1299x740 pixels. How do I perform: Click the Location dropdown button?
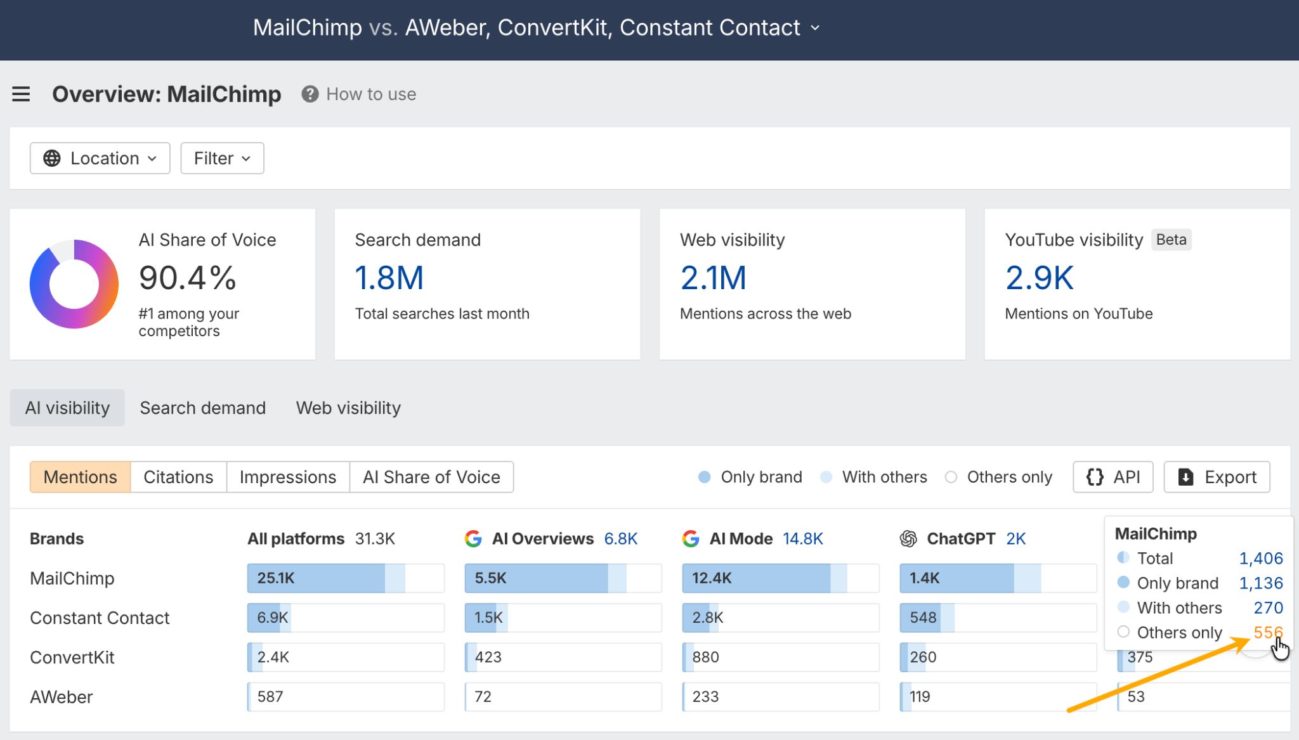(x=100, y=158)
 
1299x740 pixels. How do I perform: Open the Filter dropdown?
(x=222, y=158)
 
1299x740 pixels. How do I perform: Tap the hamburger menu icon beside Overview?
(x=21, y=94)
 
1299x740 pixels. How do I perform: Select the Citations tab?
(x=178, y=477)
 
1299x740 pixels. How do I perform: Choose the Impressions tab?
(x=287, y=477)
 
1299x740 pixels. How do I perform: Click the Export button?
(x=1217, y=477)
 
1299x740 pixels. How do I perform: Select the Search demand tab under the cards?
(x=202, y=408)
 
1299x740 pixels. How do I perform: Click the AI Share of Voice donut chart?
(x=74, y=283)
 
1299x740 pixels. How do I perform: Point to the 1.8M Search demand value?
(x=389, y=278)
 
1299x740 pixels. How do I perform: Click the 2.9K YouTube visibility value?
(x=1039, y=278)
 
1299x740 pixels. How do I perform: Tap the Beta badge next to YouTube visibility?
(x=1171, y=240)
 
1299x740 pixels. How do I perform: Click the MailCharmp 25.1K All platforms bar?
(x=345, y=578)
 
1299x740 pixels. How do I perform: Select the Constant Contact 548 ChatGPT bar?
(x=997, y=618)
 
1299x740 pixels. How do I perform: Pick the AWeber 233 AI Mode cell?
(x=780, y=697)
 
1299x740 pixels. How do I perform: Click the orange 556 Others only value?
(x=1267, y=632)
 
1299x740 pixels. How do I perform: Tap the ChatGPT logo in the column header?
(x=908, y=539)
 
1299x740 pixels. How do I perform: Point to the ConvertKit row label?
(x=72, y=658)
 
